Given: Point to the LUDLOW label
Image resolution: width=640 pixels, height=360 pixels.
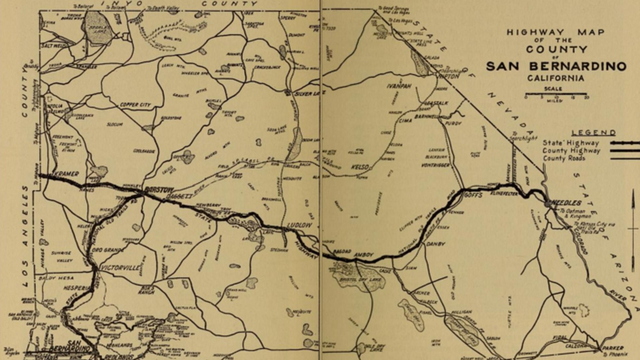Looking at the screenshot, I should tap(299, 226).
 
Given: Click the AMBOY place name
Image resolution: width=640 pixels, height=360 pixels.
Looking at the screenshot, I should tap(364, 255).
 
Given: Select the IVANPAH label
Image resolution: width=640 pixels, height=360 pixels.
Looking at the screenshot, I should tap(399, 86).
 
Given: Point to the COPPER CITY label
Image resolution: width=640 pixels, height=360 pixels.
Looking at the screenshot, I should tap(135, 105).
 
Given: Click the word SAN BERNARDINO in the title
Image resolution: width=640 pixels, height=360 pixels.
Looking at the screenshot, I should tap(556, 66).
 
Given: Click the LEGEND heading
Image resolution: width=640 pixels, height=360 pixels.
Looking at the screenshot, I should tap(594, 133).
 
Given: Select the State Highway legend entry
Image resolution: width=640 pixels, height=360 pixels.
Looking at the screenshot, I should tap(571, 143).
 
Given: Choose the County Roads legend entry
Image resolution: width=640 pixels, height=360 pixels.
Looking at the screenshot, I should tap(564, 158).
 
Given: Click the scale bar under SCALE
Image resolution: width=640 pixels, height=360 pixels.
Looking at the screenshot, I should tap(556, 95).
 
